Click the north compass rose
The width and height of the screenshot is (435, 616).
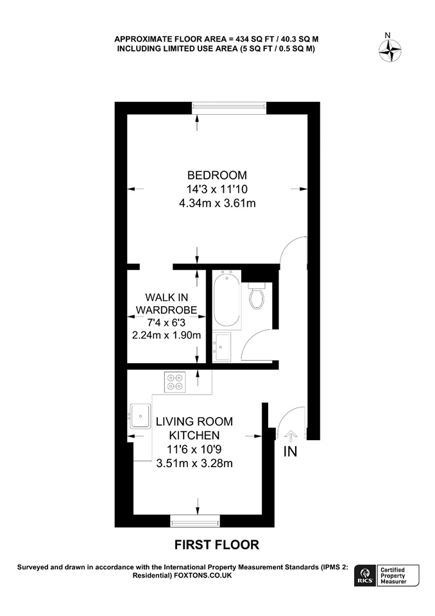(x=390, y=51)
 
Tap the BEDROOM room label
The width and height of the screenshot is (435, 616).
(x=217, y=175)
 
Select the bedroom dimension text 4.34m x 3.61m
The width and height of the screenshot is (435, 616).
(x=217, y=203)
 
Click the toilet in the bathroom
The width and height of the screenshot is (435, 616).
(x=257, y=295)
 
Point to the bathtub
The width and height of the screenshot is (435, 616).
(x=226, y=300)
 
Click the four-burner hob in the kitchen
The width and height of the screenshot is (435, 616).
(x=175, y=382)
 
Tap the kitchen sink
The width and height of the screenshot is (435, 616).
(x=140, y=416)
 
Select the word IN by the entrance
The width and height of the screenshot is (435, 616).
(x=290, y=452)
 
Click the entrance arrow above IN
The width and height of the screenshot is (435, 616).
(x=291, y=436)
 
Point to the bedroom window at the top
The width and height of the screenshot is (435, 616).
(x=228, y=108)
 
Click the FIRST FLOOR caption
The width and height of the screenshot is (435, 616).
(x=217, y=545)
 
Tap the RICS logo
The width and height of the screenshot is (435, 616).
(x=366, y=576)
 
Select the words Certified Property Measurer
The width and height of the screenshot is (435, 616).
(x=393, y=576)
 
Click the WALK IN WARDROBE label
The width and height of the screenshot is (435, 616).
(x=167, y=304)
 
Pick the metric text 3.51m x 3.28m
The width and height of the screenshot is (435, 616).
(x=194, y=463)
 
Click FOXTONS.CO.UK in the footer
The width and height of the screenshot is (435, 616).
(x=203, y=575)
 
